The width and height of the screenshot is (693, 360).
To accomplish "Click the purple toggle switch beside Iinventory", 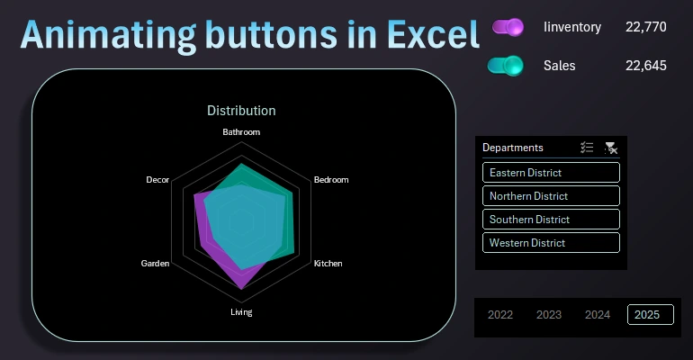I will click(x=508, y=27).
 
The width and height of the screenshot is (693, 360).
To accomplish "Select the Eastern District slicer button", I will click(x=551, y=173).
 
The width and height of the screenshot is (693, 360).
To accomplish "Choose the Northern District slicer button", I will click(x=551, y=196).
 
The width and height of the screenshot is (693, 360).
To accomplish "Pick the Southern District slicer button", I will click(x=551, y=220).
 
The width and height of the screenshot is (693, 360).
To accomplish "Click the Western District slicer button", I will click(x=551, y=243).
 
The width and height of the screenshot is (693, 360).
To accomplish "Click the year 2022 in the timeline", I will click(x=500, y=314).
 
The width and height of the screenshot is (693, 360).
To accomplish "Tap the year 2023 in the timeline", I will click(x=549, y=314).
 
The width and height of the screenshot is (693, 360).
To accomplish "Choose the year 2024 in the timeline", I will click(x=598, y=314).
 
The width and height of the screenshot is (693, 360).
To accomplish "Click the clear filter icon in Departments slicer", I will click(x=611, y=148).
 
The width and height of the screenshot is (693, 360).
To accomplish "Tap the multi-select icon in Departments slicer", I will click(x=587, y=148).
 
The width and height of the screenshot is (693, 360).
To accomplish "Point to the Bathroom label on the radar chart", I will click(x=241, y=132).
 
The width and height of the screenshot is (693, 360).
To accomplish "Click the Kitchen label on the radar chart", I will click(x=328, y=264).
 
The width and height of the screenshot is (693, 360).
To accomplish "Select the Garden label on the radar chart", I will click(x=155, y=264).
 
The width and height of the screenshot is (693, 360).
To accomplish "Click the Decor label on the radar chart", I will click(x=157, y=180).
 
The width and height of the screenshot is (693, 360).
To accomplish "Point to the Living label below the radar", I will click(x=241, y=312).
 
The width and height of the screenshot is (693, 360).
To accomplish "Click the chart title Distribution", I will click(x=241, y=111).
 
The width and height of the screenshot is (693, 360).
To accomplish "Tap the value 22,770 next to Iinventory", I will click(x=645, y=27).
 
